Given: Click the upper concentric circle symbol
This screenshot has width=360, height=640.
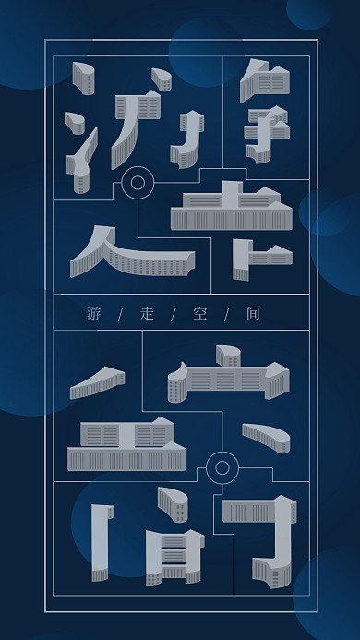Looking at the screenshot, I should [138, 182].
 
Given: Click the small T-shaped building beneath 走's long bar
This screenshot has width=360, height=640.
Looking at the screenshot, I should [244, 258].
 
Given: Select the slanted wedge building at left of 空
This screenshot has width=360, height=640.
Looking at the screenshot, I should [98, 381].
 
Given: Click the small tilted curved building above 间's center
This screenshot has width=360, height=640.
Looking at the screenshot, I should [173, 504].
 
